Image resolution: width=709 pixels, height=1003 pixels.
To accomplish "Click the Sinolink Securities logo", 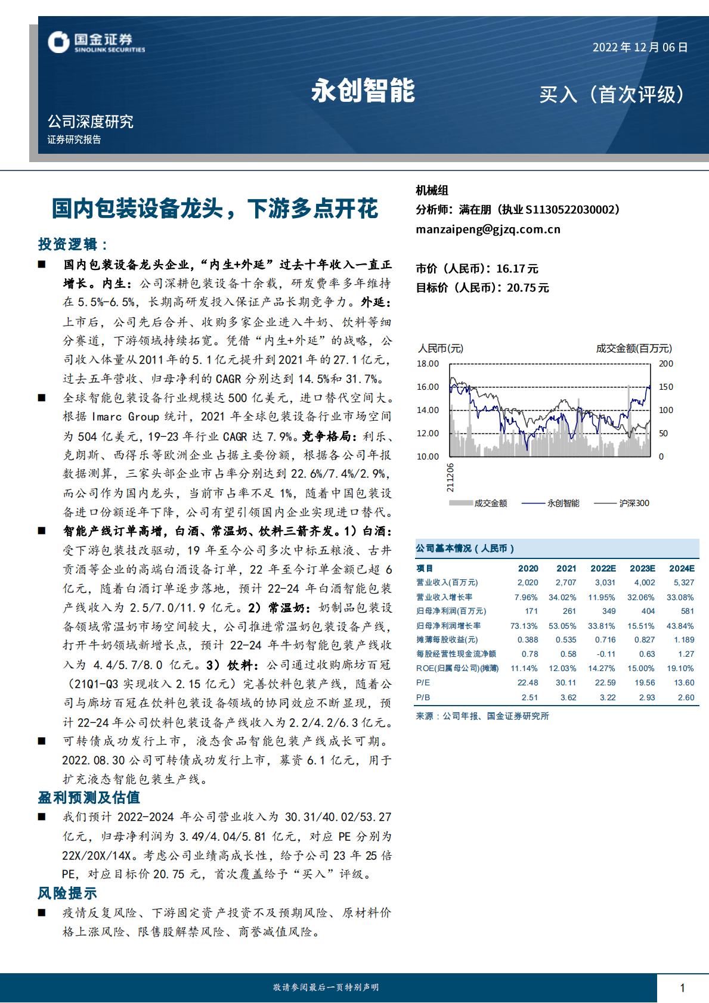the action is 96,42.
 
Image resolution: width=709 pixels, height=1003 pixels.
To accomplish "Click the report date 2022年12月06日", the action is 640,48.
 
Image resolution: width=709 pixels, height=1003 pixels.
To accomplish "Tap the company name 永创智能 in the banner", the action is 363,91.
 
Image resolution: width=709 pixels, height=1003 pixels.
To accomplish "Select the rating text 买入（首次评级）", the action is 612,95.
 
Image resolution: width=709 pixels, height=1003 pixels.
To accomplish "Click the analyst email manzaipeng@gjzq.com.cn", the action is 488,229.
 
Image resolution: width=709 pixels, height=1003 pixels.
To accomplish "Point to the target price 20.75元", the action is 528,288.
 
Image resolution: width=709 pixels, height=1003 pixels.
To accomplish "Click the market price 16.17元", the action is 517,269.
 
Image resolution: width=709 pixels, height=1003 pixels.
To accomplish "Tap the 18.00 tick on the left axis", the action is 428,364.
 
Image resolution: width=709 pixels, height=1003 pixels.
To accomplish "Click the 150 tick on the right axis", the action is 665,387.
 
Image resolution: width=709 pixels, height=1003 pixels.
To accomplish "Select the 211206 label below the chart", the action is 450,477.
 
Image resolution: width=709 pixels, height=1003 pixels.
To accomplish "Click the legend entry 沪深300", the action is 634,503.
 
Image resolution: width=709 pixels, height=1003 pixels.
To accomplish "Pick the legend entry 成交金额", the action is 490,503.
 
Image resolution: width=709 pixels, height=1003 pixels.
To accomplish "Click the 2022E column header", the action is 603,569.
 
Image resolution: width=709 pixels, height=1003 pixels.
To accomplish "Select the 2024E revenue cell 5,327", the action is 683,583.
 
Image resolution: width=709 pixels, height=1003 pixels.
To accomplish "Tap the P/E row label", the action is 423,683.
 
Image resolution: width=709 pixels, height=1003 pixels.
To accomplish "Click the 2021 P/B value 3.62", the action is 568,697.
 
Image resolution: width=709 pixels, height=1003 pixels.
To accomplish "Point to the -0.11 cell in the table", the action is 606,654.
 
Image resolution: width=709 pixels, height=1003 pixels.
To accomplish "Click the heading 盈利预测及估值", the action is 89,797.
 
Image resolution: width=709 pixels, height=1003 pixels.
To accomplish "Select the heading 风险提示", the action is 67,893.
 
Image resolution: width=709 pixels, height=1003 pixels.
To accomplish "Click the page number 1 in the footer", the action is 682,988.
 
